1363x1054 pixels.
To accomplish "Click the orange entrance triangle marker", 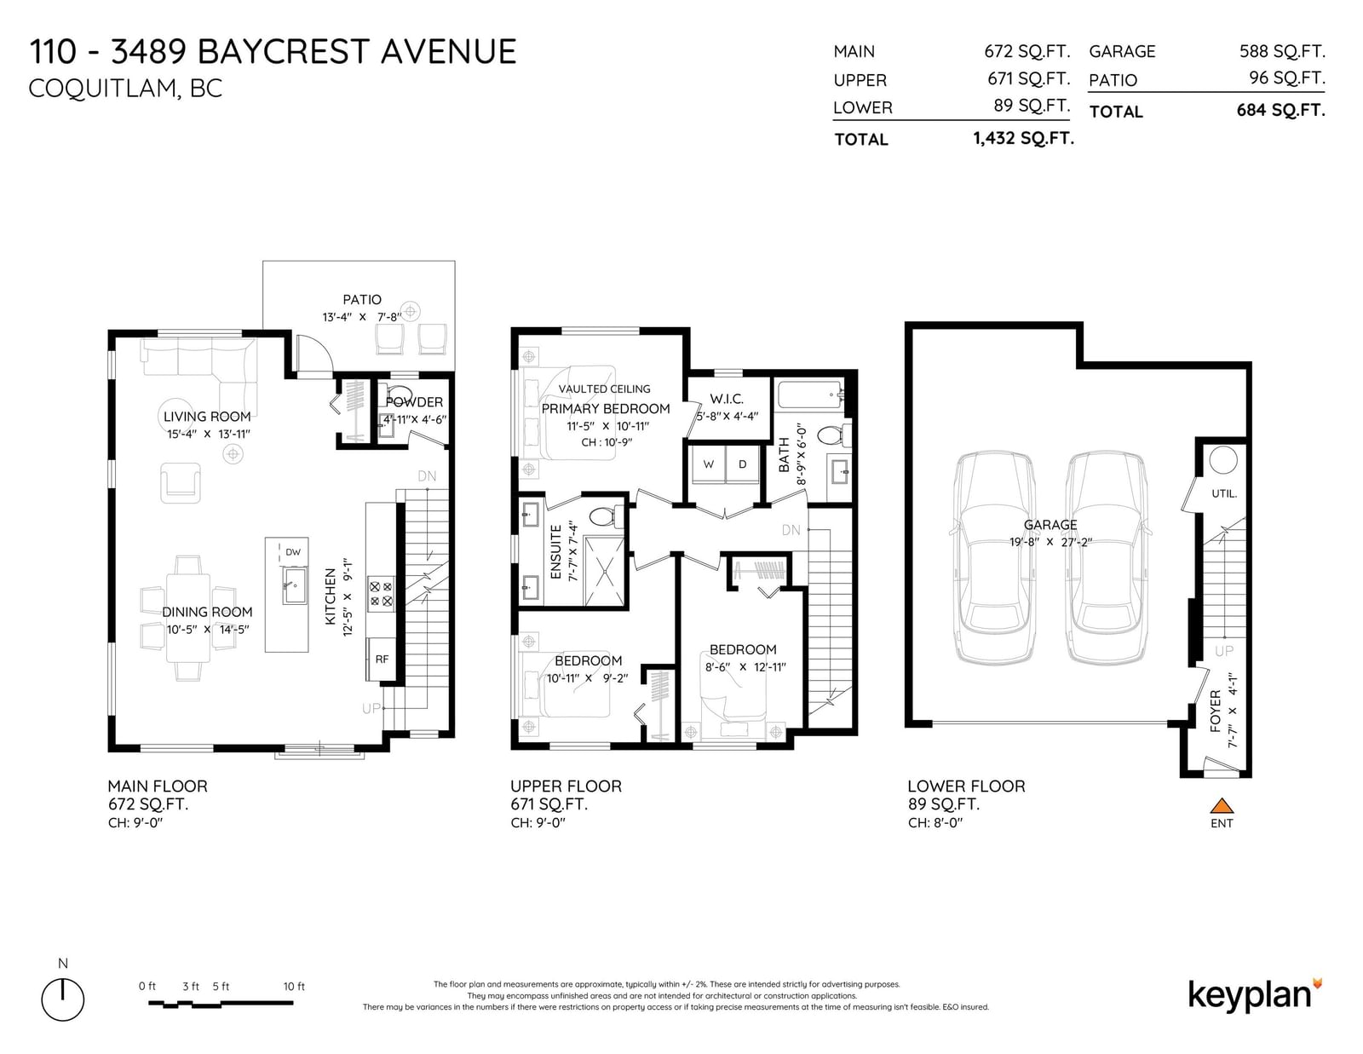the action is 1221,805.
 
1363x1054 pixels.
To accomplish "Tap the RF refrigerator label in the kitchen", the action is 382,659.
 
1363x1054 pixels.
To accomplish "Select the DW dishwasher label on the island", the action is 293,552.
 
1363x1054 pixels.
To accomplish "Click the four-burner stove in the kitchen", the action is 382,594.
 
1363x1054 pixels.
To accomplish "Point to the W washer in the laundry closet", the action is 708,464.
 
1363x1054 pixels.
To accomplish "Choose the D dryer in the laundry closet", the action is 742,464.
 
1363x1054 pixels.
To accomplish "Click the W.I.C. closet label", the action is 727,399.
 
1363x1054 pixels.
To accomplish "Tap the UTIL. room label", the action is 1224,493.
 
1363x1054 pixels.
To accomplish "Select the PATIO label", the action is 362,299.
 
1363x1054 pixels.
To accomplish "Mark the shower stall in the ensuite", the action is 605,572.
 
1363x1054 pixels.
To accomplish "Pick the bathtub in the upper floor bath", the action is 811,395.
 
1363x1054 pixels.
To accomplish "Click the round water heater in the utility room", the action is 1223,460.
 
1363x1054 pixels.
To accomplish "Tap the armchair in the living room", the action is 181,483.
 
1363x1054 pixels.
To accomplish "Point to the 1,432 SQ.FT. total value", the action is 1024,138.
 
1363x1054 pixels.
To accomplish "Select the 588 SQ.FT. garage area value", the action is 1282,51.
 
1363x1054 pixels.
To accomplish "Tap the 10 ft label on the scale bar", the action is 294,986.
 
